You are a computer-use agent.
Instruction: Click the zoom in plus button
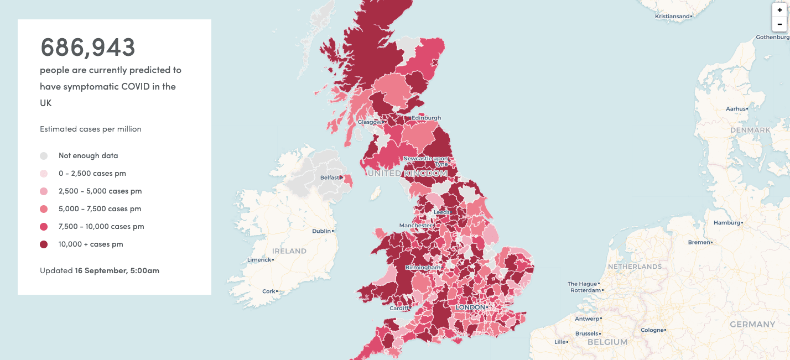779,10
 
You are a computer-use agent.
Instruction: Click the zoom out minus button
779,24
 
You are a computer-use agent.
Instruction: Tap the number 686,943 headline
88,48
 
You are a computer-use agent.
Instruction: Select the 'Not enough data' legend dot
44,156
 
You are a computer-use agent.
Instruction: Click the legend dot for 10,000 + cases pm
44,244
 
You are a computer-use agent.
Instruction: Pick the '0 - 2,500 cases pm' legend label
92,174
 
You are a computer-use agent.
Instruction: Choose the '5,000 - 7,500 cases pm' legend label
100,209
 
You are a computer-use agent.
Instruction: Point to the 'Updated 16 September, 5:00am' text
100,271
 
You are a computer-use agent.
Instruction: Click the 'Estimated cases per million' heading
91,129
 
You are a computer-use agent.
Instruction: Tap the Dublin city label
321,231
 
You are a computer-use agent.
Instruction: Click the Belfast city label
330,178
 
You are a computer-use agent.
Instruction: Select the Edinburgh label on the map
426,118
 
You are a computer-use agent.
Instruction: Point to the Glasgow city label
370,122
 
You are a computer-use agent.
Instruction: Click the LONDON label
470,307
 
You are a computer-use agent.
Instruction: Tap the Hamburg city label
726,223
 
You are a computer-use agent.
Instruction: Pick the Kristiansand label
672,17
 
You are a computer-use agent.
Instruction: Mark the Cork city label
268,291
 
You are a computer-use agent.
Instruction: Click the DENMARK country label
750,131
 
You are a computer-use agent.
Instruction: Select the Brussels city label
587,334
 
